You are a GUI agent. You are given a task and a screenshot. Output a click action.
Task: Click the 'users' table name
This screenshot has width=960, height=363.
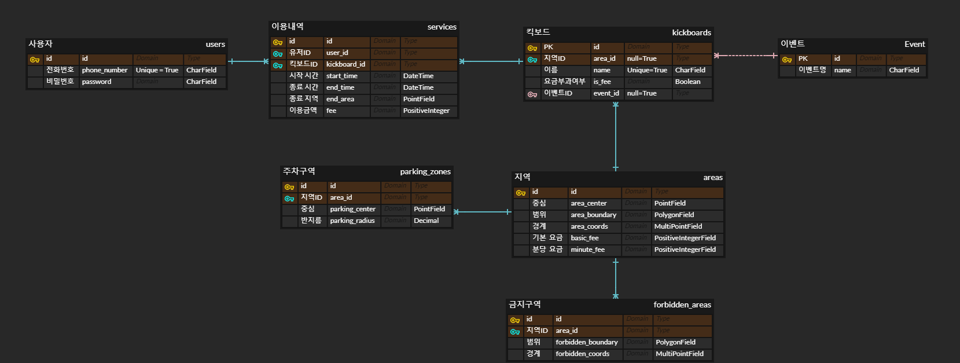215,45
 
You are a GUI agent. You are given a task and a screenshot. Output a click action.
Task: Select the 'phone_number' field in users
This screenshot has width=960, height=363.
105,70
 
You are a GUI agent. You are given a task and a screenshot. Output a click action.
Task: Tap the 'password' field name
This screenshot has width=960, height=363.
97,82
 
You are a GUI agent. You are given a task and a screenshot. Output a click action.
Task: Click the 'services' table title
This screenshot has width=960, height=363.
442,27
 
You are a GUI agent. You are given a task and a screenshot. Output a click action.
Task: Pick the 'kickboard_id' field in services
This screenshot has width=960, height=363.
345,64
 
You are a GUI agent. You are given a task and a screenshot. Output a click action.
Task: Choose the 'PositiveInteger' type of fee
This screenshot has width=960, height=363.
426,111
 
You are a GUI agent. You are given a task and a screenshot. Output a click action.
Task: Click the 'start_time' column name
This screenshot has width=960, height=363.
342,76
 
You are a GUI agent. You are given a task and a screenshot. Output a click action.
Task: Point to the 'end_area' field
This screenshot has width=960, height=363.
340,99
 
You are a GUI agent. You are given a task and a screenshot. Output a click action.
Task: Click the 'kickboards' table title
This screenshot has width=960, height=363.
692,33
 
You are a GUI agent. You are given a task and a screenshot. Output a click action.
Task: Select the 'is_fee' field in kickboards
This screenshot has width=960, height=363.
602,82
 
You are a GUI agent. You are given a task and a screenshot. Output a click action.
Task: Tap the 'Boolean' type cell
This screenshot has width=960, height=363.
687,82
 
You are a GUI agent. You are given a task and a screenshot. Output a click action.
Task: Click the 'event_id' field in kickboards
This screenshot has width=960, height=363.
606,93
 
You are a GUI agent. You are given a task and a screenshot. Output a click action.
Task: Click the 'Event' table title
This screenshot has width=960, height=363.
914,45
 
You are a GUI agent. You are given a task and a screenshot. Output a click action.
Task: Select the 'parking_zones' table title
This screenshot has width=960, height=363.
425,172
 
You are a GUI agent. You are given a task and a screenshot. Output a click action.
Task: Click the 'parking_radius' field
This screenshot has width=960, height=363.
352,221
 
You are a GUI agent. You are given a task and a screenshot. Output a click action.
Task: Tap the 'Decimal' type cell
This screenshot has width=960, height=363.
426,221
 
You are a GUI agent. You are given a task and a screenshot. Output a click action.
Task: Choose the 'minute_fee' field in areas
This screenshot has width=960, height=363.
587,250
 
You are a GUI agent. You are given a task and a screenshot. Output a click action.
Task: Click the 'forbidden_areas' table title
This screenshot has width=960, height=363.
682,305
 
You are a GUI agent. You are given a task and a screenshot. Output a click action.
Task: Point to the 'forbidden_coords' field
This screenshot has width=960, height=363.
582,354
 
